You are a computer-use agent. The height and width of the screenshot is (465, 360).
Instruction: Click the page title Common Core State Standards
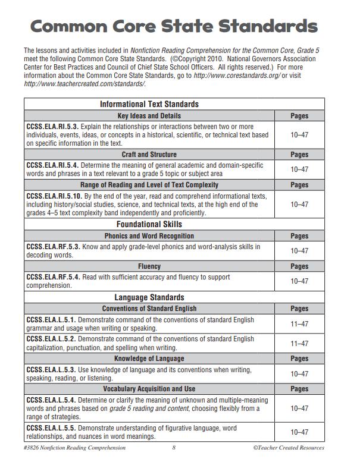tap(174, 27)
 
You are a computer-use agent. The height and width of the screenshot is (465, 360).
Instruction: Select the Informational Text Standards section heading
tap(149, 104)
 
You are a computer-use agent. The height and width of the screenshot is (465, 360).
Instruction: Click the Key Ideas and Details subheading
tap(149, 115)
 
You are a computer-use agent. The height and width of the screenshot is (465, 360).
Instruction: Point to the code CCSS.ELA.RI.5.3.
tap(52, 127)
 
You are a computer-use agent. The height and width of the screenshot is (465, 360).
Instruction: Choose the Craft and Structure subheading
tap(149, 155)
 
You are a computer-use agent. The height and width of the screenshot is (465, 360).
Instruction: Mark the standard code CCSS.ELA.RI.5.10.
tap(54, 196)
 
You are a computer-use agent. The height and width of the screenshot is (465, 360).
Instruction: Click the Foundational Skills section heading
tap(149, 224)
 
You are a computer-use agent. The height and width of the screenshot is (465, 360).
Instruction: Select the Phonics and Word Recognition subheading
tap(149, 236)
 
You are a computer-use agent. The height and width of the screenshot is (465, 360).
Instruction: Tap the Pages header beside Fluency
tap(299, 266)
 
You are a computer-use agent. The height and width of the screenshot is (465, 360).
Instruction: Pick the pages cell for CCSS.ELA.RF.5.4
tap(299, 281)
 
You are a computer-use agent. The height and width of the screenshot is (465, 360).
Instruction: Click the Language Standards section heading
tap(149, 297)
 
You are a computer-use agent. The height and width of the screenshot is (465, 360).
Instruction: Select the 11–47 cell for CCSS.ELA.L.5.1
tap(299, 324)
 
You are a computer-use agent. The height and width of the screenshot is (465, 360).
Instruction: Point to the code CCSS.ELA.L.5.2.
tap(51, 340)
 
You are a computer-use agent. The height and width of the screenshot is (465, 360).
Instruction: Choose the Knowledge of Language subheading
tap(149, 359)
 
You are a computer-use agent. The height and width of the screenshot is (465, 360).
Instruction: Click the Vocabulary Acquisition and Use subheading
tap(149, 389)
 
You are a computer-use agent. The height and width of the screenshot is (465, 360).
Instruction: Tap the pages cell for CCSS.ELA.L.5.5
tap(299, 432)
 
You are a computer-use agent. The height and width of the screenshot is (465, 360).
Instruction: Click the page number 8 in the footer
tap(174, 448)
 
